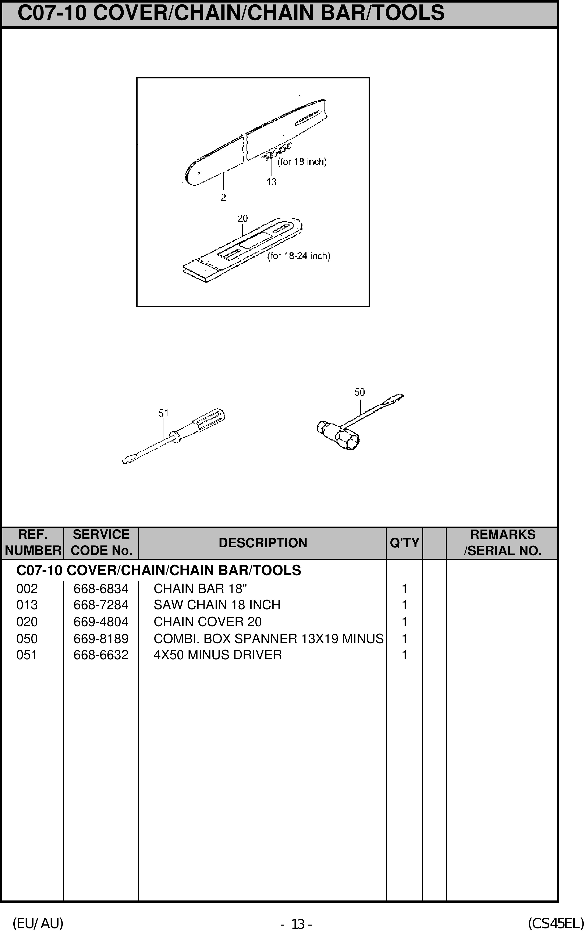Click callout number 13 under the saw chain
[x=271, y=182]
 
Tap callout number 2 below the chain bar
[x=223, y=198]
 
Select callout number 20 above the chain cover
[x=242, y=219]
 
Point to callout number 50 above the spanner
[x=359, y=392]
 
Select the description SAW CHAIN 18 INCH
[x=217, y=605]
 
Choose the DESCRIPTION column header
[x=263, y=543]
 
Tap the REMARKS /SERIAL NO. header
[x=502, y=543]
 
